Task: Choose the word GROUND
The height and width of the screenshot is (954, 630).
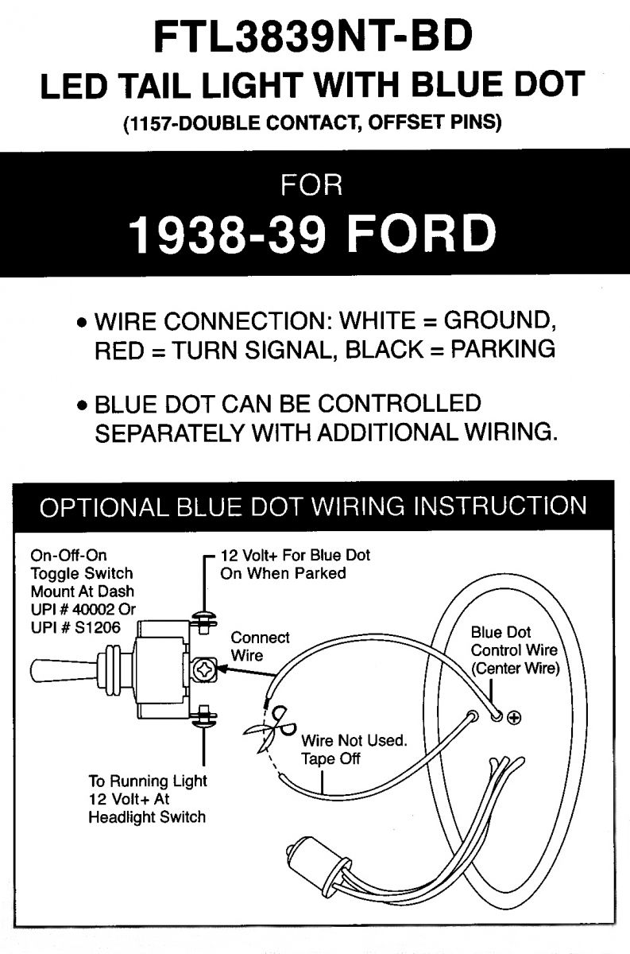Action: [497, 322]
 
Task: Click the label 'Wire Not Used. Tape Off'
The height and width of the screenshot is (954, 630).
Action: [353, 750]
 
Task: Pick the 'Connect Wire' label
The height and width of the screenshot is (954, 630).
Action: [260, 646]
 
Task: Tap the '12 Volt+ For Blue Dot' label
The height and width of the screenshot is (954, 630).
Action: [295, 555]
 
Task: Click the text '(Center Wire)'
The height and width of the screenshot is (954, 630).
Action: [516, 669]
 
